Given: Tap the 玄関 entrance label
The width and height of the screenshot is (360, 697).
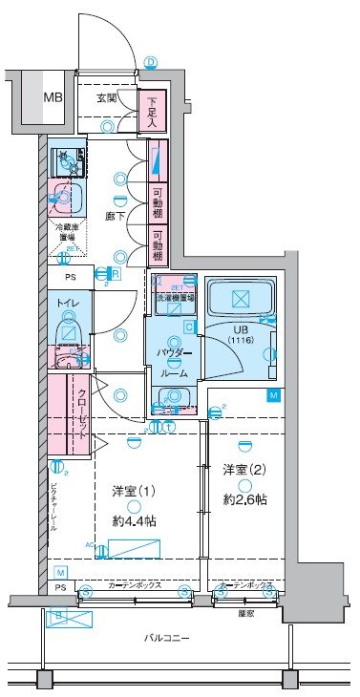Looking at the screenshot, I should (x=107, y=97).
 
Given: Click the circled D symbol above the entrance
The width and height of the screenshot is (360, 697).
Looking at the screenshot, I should (x=151, y=63).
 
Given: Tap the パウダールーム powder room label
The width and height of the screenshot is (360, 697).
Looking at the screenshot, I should (x=173, y=364).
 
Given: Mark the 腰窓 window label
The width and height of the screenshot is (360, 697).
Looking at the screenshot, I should (x=246, y=613).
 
